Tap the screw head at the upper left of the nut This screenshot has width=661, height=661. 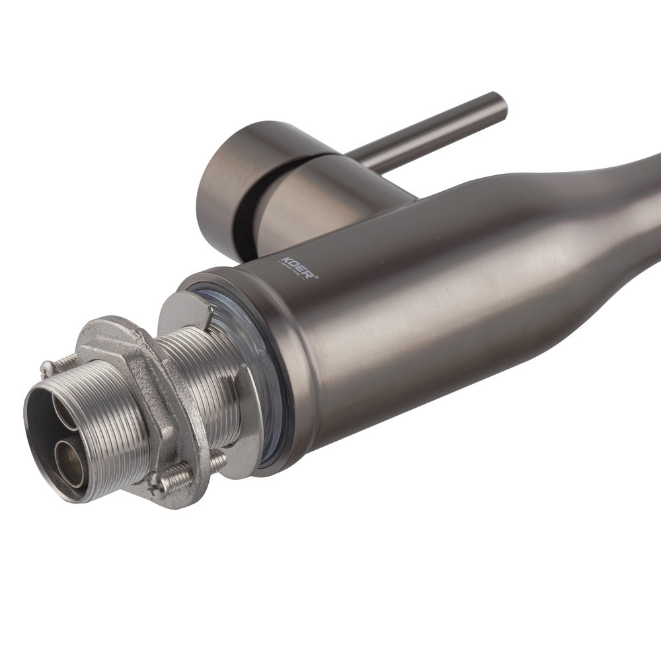[47, 368]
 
